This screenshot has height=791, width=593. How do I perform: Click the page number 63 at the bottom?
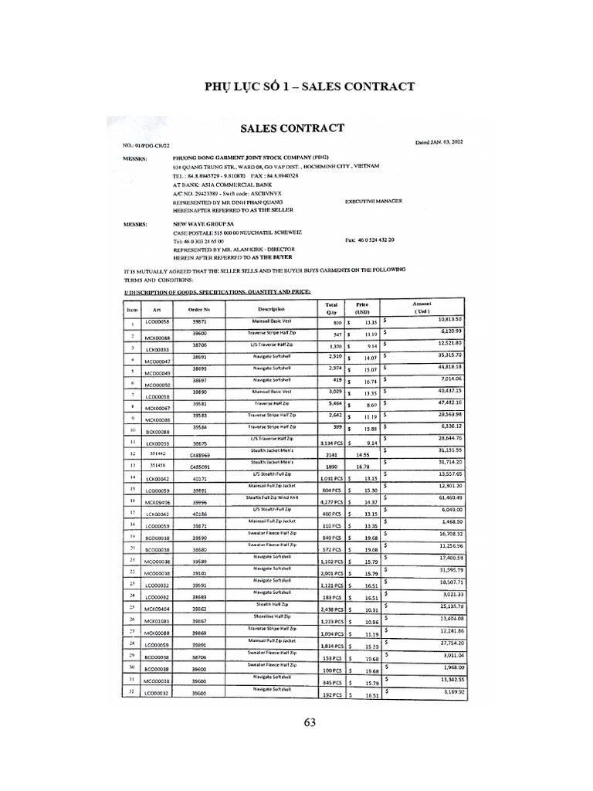click(310, 723)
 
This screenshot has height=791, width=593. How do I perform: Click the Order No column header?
click(199, 309)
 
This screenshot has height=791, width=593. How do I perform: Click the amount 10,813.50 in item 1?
click(449, 319)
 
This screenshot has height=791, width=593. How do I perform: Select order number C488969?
click(200, 457)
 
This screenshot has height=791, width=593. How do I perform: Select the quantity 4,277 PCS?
click(331, 502)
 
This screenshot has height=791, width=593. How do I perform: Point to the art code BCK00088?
click(157, 432)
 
